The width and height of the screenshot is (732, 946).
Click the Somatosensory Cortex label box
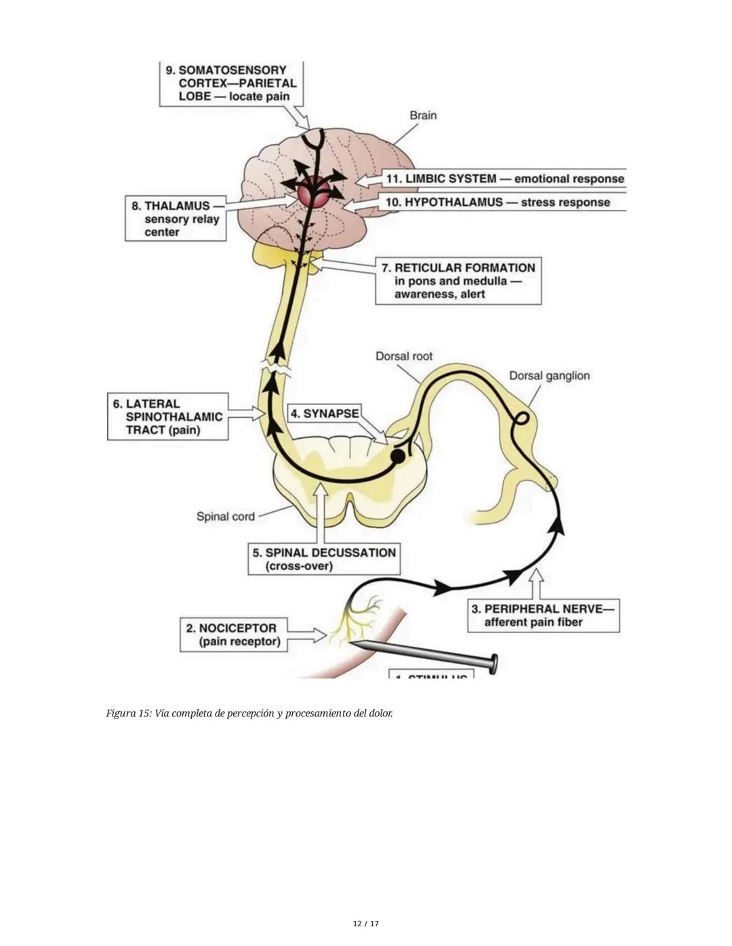(230, 83)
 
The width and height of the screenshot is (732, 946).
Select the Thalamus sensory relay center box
(176, 218)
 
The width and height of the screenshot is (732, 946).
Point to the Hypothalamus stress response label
(497, 202)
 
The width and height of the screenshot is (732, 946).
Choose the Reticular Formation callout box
(458, 280)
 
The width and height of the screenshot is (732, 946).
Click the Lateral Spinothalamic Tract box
(167, 416)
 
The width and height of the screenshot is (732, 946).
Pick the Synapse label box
(324, 413)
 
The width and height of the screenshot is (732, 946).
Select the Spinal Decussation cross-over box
(324, 559)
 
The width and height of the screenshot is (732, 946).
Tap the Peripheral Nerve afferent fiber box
(543, 616)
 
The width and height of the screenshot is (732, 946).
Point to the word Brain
(423, 115)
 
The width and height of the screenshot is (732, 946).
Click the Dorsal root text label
(403, 356)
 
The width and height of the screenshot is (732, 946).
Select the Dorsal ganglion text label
(549, 375)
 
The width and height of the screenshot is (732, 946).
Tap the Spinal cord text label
(225, 516)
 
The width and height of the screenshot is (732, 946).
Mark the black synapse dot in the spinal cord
(398, 456)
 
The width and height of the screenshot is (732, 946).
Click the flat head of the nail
(494, 664)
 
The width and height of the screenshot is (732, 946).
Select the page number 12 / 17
(366, 924)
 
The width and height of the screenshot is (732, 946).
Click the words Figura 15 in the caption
(128, 713)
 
